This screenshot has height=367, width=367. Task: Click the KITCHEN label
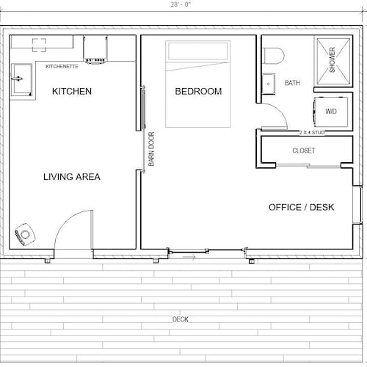72,91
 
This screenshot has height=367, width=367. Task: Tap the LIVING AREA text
72,177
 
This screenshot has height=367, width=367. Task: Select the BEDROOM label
198,91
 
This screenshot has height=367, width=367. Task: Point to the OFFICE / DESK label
301,207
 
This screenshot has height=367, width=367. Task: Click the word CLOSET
304,150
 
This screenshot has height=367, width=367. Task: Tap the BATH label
292,83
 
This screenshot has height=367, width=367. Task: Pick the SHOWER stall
333,61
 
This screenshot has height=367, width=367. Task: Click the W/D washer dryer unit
331,112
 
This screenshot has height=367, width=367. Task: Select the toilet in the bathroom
273,56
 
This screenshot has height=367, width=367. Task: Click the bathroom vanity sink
269,84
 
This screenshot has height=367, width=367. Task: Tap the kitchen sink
21,80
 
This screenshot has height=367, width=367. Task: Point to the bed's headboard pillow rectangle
197,51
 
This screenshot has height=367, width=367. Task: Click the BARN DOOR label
151,149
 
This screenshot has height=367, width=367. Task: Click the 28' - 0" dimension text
181,4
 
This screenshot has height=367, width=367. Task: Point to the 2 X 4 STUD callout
312,133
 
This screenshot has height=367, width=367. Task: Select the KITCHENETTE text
62,67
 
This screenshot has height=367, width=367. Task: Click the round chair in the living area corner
25,234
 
